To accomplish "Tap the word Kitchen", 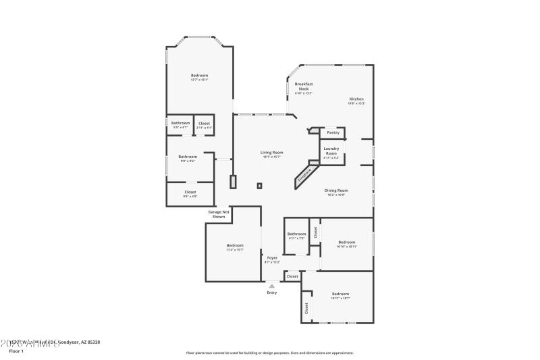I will [x=356, y=99].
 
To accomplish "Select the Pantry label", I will [x=333, y=132].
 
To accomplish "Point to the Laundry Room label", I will [x=331, y=151].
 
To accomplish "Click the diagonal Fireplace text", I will [x=304, y=174].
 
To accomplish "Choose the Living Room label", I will [x=271, y=153].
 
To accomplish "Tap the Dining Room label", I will [x=336, y=190].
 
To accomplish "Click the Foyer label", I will [x=272, y=258].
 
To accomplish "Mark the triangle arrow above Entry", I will [x=272, y=286].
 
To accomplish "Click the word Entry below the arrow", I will [x=272, y=292].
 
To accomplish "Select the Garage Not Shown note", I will [x=219, y=214].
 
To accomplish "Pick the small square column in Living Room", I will [x=259, y=186].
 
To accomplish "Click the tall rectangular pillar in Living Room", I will [x=234, y=182].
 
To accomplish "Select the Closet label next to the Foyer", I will [x=292, y=276].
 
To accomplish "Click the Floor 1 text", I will [x=16, y=351].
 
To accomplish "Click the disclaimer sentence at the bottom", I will [x=269, y=353].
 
